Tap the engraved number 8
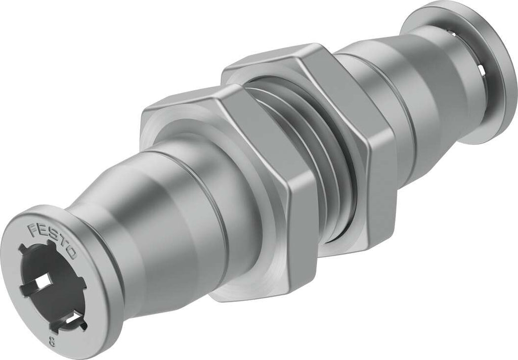pos(52,341)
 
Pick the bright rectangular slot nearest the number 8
pos(73,319)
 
